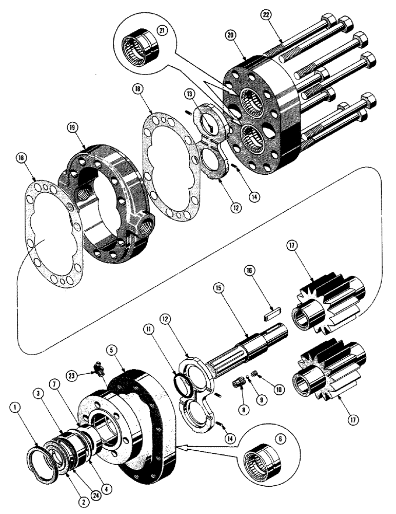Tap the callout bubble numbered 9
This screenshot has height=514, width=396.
click(250, 412)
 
